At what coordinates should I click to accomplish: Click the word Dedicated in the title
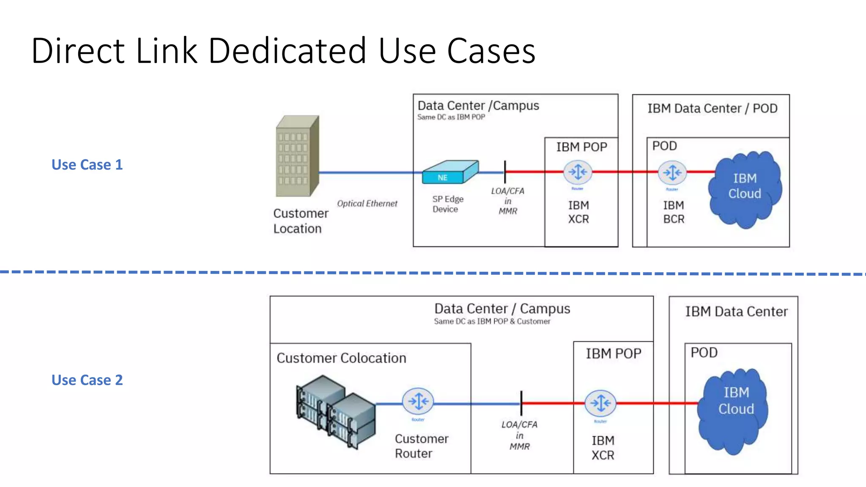tap(287, 51)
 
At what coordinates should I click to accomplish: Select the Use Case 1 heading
tap(87, 164)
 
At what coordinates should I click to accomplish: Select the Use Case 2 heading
tap(87, 380)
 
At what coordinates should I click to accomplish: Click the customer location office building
tap(297, 156)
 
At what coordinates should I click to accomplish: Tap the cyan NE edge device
tap(450, 172)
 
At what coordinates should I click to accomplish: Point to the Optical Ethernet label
tap(367, 203)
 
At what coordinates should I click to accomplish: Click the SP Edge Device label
tap(447, 204)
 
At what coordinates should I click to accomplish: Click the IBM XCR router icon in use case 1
tap(578, 172)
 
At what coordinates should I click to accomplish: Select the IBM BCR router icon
tap(672, 172)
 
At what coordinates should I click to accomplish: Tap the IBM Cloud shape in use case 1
tap(745, 188)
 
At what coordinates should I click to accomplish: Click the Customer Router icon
tap(418, 401)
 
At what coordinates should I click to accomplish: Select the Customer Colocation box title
tap(341, 358)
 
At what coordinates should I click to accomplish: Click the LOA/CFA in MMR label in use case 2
tap(519, 435)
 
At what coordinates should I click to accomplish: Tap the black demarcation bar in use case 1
tap(505, 172)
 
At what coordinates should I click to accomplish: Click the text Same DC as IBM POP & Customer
tap(492, 321)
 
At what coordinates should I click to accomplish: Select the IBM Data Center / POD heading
tap(712, 109)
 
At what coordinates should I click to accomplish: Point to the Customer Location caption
tap(300, 221)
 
